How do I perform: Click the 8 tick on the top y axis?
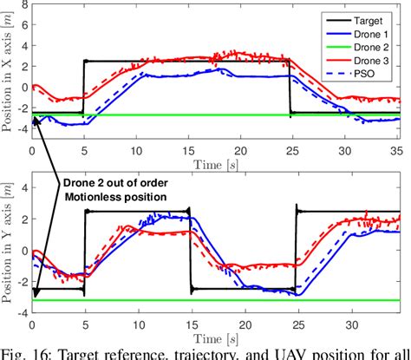point(22,5)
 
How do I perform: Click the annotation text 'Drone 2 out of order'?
point(119,182)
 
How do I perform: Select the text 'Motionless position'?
point(119,197)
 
